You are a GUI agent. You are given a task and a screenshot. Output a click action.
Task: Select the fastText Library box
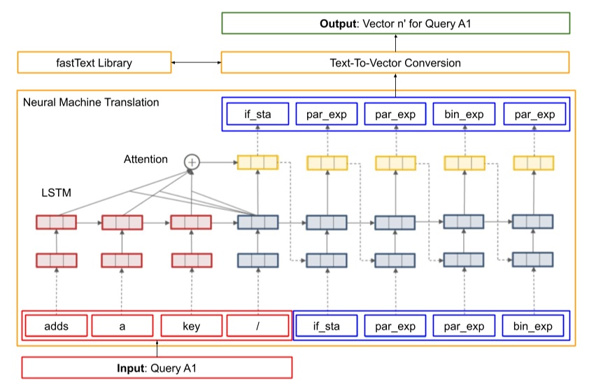(94, 62)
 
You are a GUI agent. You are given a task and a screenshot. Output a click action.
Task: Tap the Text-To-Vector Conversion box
(395, 62)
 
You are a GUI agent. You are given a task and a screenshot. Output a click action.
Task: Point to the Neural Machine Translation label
(91, 102)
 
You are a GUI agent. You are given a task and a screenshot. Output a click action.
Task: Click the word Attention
(146, 159)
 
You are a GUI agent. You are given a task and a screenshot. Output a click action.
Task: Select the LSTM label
(55, 190)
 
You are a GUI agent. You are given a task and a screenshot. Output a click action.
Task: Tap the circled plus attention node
(192, 162)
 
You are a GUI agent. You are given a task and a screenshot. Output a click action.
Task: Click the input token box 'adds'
(56, 326)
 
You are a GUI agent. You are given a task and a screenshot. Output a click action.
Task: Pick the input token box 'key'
(192, 326)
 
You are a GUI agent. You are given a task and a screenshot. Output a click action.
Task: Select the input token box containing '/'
(257, 326)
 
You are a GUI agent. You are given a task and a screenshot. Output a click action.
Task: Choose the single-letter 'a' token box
(122, 326)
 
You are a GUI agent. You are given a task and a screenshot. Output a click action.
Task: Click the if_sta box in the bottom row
(327, 326)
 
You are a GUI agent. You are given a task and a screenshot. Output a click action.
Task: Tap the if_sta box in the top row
(257, 113)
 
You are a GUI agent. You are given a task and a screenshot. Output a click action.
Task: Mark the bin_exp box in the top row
(464, 113)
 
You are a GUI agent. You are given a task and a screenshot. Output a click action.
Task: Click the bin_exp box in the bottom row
(533, 326)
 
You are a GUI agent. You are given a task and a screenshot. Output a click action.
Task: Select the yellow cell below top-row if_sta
(257, 163)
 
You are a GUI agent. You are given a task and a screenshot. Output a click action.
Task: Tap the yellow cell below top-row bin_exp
(464, 163)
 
